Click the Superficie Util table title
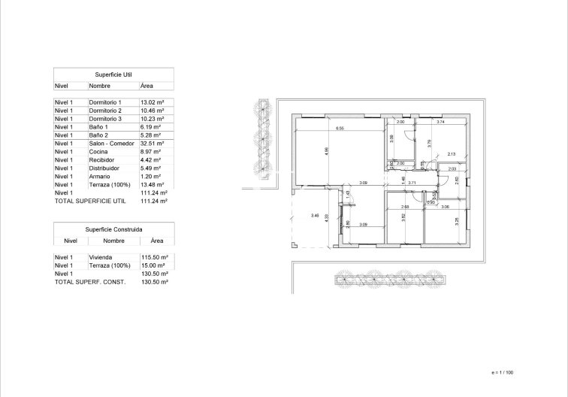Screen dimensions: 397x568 (113, 75)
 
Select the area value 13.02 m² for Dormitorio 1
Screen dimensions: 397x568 (153, 102)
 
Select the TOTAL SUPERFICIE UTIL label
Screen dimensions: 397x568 (91, 202)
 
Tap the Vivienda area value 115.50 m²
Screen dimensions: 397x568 (155, 257)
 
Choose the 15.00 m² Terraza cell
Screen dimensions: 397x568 (153, 265)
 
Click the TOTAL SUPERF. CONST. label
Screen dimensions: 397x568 (91, 282)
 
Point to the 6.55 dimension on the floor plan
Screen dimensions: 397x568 (340, 129)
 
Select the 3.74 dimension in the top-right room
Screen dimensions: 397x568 (441, 122)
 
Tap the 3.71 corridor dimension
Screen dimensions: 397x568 (412, 183)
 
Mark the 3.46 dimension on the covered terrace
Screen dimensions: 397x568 (315, 217)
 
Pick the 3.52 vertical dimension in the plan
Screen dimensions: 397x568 (403, 217)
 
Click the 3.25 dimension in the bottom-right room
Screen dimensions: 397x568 (456, 220)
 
